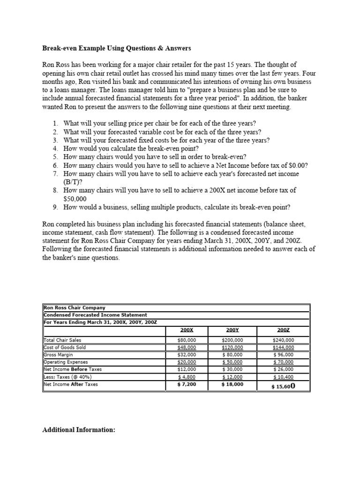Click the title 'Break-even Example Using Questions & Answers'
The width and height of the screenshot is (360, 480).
[x=116, y=48]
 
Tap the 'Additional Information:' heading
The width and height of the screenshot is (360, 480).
[x=79, y=429]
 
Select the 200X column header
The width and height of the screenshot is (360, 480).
[x=187, y=330]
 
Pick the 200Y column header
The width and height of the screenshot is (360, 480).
[x=232, y=330]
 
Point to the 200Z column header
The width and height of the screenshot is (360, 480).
[x=283, y=330]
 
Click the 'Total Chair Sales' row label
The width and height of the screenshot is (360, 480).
[x=62, y=340]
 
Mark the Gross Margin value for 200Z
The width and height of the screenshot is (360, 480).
[x=283, y=355]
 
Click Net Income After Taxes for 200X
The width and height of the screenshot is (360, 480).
[x=187, y=384]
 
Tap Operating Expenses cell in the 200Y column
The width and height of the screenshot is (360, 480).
[x=232, y=362]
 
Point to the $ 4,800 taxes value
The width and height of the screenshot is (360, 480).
[x=187, y=377]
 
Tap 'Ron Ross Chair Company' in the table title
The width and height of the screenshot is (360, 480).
[x=74, y=307]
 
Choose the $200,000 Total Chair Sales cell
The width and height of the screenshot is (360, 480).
[x=232, y=340]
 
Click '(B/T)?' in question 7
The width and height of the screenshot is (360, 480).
[x=73, y=182]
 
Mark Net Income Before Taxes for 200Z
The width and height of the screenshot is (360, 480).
[x=283, y=369]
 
